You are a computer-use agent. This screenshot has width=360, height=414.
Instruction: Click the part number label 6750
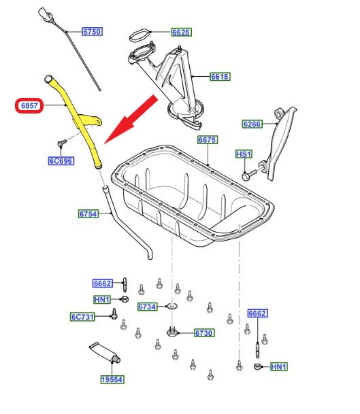(93, 32)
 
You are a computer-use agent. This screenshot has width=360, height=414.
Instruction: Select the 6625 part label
(181, 32)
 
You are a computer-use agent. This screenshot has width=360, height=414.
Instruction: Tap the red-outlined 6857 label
(29, 105)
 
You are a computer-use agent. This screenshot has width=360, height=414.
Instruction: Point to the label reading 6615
(220, 77)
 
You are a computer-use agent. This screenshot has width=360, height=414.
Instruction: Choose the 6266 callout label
(252, 124)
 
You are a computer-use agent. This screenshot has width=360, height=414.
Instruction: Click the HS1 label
(244, 154)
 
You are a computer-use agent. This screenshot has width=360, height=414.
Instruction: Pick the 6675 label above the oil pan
(208, 139)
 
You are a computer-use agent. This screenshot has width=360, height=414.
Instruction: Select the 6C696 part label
(61, 161)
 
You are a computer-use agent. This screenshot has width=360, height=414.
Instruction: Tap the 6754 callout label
(88, 213)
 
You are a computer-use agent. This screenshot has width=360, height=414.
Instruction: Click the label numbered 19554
(112, 379)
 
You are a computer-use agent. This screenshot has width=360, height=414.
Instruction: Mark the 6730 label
(203, 333)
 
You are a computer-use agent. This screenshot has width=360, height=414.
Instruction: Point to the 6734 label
(148, 307)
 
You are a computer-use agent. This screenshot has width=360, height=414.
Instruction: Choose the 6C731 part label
(82, 317)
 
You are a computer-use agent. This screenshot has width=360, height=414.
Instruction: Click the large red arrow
(131, 120)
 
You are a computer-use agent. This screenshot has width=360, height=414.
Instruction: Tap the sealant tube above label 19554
(105, 353)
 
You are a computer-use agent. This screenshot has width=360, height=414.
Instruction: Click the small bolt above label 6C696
(62, 143)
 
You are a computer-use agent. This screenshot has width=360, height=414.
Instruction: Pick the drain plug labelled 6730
(172, 332)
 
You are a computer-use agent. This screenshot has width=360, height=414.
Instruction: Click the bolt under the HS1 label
(249, 175)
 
